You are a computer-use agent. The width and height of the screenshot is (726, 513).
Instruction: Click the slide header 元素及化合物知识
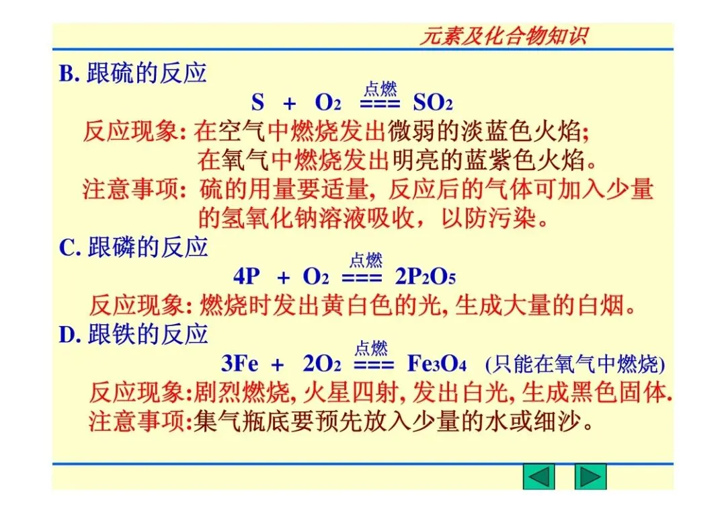pos(503,36)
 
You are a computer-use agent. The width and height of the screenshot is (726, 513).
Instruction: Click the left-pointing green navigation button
pos(538,477)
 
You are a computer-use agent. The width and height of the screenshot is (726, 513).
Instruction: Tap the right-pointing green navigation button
pos(590,477)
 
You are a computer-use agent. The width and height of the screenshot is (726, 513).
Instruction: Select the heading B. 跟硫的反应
pos(132,73)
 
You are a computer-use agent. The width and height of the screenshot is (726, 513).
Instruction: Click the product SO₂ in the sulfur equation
pos(432,103)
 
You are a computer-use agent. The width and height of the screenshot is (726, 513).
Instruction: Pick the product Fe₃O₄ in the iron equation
pos(437,364)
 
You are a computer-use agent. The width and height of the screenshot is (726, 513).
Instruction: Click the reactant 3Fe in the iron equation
pos(239,364)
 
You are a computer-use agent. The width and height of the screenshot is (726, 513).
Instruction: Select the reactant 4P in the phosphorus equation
pos(247,276)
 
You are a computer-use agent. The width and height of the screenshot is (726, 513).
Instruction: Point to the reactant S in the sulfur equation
pos(257,103)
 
